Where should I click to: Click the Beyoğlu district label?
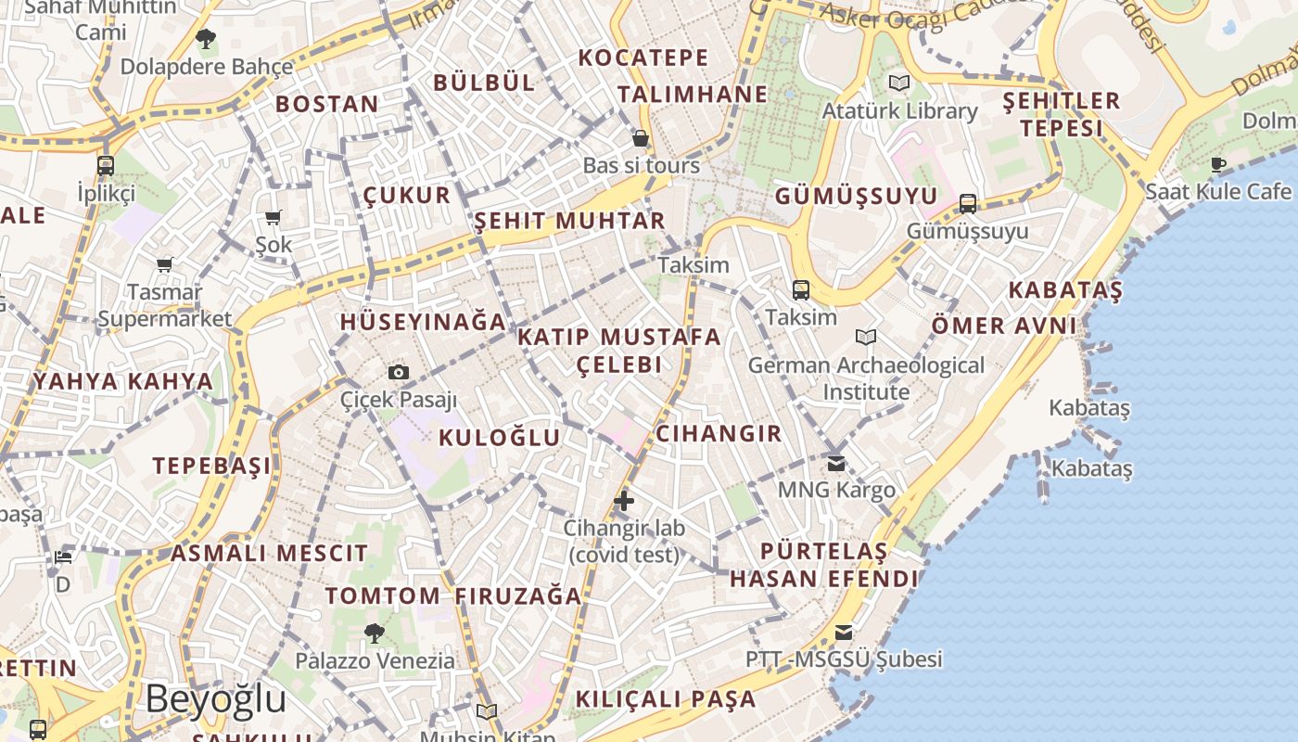215,699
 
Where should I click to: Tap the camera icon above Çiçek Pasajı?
399,373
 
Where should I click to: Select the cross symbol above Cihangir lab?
624,502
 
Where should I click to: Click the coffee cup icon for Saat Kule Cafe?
1218,165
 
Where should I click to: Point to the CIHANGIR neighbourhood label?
719,434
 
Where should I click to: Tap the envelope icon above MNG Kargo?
836,463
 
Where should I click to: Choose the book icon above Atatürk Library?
898,83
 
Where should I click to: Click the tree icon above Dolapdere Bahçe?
206,39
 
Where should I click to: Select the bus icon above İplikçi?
106,166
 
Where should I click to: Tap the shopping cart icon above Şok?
273,218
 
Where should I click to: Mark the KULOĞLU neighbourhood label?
499,438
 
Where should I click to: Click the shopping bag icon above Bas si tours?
641,139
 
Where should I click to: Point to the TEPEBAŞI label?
212,466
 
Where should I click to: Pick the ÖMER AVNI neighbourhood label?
1004,326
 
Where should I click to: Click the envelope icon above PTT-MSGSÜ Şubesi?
844,633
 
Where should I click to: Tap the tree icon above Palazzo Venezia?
375,633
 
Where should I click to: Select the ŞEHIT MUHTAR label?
569,221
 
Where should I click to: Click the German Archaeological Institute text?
866,378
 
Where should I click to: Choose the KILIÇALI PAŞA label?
666,699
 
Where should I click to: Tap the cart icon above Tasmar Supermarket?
165,265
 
